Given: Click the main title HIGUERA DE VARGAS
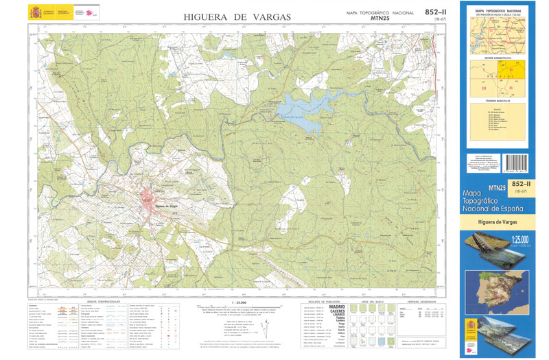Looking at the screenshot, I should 237,16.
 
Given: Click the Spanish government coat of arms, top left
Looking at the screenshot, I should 34,12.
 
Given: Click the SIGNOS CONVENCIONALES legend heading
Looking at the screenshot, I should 101,302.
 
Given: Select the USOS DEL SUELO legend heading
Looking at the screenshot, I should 370,302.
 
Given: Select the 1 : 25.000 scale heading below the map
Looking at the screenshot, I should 239,302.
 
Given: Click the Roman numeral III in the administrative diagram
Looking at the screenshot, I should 484,88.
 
